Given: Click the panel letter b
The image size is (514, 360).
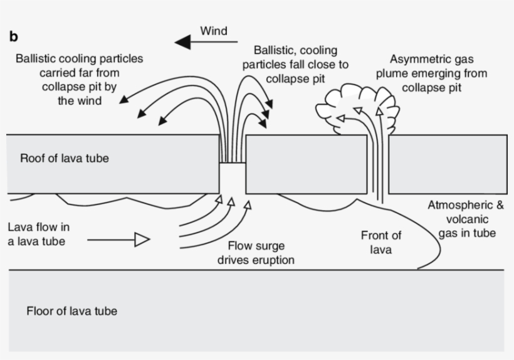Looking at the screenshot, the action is [x=13, y=36].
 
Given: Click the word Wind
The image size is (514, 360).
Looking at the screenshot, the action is [x=214, y=31].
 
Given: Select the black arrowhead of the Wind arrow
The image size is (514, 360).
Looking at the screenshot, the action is [x=182, y=42].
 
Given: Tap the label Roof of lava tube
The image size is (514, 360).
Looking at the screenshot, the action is [x=64, y=158].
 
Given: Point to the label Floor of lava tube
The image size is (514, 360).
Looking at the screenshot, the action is [x=72, y=311].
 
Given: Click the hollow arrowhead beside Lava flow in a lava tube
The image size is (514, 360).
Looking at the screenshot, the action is [x=142, y=240].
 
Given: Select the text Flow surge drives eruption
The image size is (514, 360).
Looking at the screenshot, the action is [x=256, y=253].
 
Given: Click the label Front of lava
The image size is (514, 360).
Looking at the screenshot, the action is [x=381, y=242].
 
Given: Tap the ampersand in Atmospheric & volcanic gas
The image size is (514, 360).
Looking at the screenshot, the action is [x=500, y=205].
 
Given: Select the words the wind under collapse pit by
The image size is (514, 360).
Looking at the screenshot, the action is [x=80, y=100].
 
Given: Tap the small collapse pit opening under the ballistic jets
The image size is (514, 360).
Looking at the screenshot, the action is [x=233, y=178].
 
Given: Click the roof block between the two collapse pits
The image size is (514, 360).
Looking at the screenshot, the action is [x=306, y=164].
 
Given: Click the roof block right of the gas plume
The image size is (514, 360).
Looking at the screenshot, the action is [x=448, y=164].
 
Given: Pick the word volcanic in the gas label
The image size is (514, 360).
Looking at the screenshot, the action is [x=467, y=219].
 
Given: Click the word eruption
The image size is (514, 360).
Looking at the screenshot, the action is [x=275, y=260].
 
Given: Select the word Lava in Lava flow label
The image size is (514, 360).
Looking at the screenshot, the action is [x=18, y=227].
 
